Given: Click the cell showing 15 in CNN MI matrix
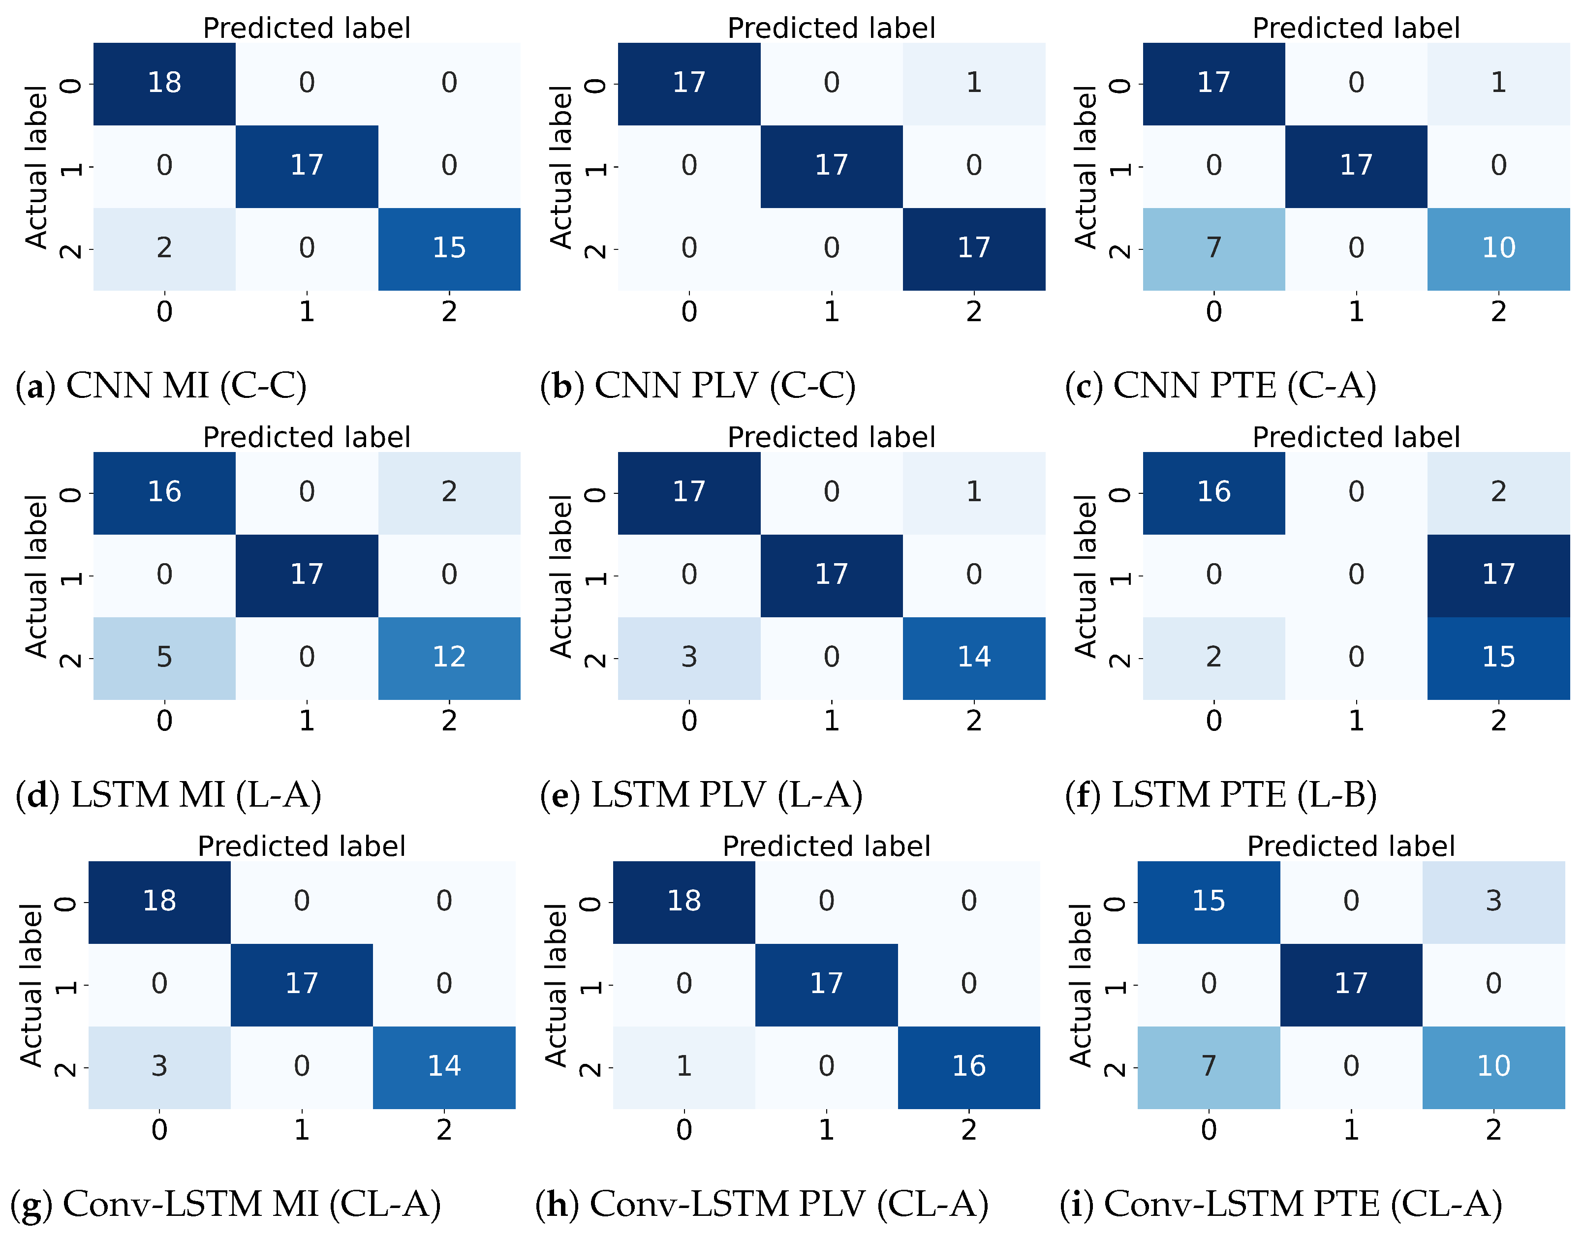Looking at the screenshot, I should click(x=449, y=248).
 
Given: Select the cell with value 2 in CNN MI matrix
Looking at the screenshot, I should click(x=165, y=248).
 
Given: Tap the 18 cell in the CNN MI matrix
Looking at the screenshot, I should click(x=165, y=83).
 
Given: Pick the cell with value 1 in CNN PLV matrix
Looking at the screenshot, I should click(x=973, y=83).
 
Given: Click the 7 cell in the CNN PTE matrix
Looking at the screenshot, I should click(x=1213, y=248).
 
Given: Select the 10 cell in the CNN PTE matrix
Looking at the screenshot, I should click(x=1498, y=248).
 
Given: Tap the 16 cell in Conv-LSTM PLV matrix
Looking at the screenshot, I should click(x=968, y=1066).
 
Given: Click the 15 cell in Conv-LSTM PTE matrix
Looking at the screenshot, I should click(x=1209, y=901).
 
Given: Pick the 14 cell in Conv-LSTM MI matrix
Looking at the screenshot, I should click(x=444, y=1066).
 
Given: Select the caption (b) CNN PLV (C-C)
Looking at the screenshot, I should click(x=698, y=386).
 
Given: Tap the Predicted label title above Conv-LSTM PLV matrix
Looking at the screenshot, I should click(x=826, y=846).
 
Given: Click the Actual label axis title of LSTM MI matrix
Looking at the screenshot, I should click(x=36, y=576).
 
